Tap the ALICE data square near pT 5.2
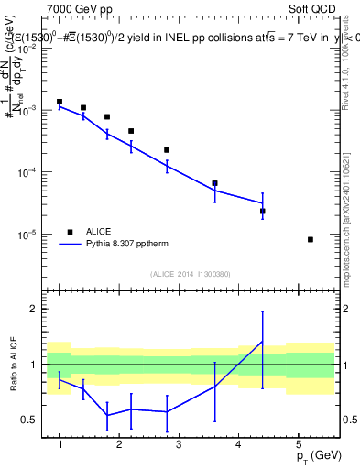pyautogui.click(x=311, y=240)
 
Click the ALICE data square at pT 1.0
pyautogui.click(x=60, y=102)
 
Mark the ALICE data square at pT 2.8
pyautogui.click(x=167, y=150)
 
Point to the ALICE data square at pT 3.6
pyautogui.click(x=214, y=183)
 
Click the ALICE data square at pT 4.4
pyautogui.click(x=263, y=212)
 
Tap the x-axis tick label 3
pyautogui.click(x=179, y=444)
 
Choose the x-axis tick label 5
pyautogui.click(x=298, y=444)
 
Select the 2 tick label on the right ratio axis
pyautogui.click(x=346, y=309)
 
